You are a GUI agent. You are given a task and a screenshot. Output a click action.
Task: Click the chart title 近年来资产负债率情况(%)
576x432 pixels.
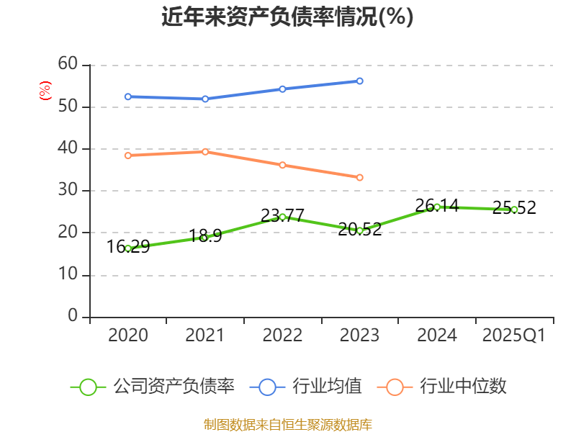[x=287, y=17]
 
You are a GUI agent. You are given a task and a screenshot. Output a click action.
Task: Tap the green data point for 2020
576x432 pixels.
[x=128, y=248]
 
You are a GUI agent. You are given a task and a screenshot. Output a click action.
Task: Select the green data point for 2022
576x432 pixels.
[x=282, y=217]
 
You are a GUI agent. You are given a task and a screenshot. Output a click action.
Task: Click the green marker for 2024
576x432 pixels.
[x=437, y=207]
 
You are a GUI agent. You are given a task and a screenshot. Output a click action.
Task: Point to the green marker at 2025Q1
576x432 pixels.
[x=514, y=210]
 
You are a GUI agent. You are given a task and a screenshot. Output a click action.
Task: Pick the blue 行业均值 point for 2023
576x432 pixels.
[x=359, y=81]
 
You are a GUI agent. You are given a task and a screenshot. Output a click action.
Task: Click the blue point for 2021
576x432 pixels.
[x=205, y=99]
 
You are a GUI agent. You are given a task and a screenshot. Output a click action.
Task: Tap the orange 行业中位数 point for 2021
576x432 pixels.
[x=205, y=152]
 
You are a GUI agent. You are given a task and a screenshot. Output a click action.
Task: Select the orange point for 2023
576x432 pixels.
[x=359, y=177]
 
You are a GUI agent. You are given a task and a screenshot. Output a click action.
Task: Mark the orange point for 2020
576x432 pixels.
[x=128, y=156]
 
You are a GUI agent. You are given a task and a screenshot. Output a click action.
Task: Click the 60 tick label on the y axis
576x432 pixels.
[x=68, y=64]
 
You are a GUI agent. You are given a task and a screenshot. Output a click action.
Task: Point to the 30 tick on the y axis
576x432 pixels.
[x=68, y=191]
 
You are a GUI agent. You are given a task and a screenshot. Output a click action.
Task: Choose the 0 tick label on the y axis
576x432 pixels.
[x=73, y=317]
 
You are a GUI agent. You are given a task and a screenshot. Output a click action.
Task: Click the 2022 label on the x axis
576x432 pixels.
[x=282, y=336]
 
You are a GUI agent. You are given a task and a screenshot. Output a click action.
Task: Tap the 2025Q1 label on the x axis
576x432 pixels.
[x=513, y=336]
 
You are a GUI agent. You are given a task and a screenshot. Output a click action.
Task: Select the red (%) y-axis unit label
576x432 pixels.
[x=45, y=91]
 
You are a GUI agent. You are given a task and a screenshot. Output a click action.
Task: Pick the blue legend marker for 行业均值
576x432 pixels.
[x=268, y=387]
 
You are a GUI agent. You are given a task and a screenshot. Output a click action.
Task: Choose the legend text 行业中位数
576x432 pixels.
[x=464, y=387]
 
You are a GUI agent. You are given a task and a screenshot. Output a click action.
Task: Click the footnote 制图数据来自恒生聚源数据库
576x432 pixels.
[x=287, y=424]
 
